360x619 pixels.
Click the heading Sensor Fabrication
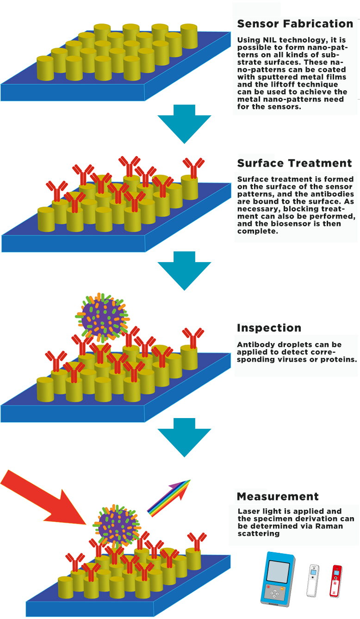point(295,24)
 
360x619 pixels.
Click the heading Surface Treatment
point(294,163)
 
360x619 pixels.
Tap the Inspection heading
point(269,328)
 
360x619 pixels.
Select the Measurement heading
point(278,497)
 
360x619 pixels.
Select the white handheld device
point(314,580)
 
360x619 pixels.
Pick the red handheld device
point(337,580)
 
